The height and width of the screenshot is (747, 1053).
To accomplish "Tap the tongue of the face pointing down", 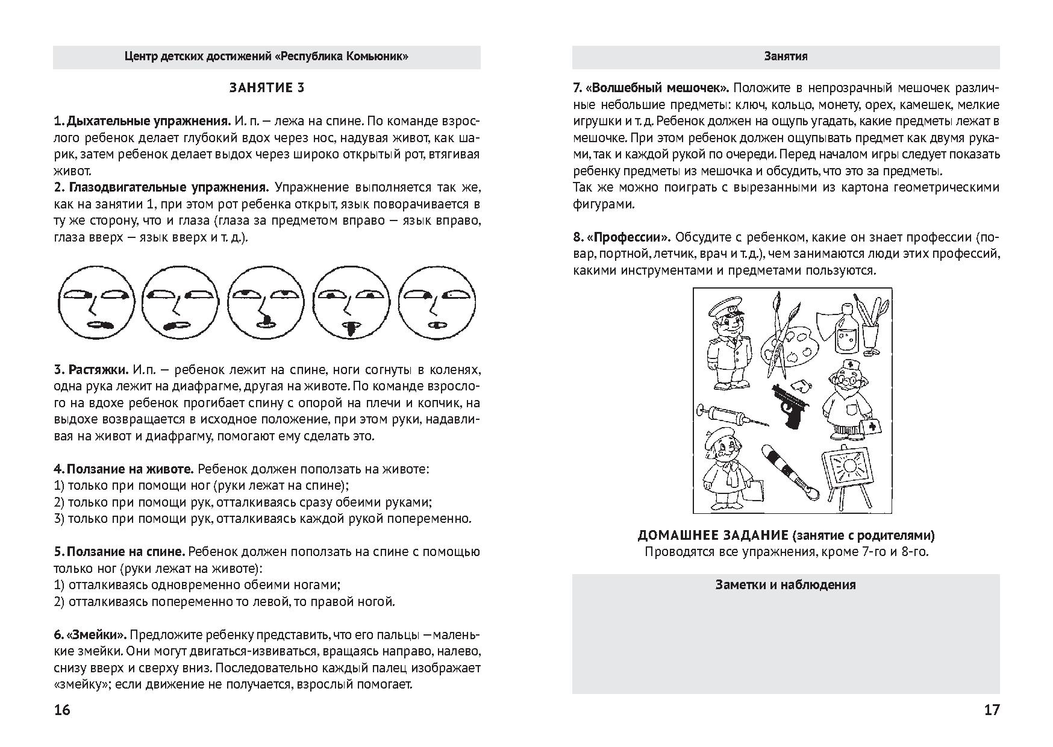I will pos(349,329).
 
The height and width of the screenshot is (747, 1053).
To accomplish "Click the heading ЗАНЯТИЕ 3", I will pos(266,89).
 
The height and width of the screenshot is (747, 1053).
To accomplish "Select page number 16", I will pos(62,710).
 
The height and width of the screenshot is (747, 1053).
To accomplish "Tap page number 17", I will pos(992,710).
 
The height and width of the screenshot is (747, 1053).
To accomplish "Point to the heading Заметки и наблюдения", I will pos(786,584).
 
